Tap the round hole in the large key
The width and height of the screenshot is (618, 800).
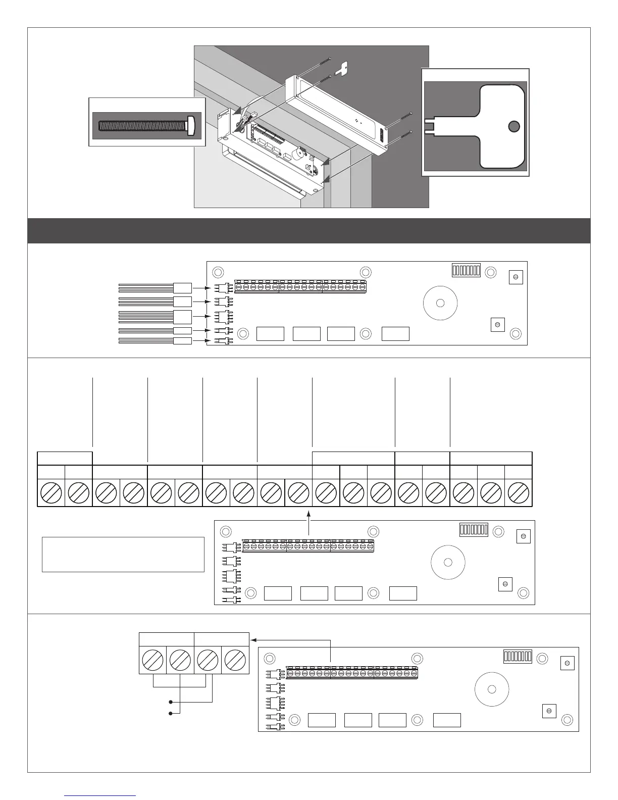click(x=513, y=126)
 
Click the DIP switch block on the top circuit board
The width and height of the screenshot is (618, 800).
click(x=466, y=270)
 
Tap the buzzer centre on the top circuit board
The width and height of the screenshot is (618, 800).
click(x=440, y=303)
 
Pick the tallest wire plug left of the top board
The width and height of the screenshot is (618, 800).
click(x=182, y=317)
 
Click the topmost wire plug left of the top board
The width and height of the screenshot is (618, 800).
click(x=182, y=288)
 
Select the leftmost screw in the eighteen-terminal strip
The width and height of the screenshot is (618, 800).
click(x=51, y=492)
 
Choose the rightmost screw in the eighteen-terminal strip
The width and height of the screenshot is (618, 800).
click(x=519, y=492)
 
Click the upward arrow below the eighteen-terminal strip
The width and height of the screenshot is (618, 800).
click(x=308, y=514)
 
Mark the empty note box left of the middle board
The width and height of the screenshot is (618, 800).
click(x=123, y=554)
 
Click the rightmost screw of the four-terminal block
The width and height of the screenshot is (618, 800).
click(x=235, y=660)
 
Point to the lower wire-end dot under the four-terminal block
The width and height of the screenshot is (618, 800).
click(x=171, y=713)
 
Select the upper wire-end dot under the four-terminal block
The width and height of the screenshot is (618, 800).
click(x=171, y=702)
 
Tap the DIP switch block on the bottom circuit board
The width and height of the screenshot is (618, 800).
click(x=518, y=657)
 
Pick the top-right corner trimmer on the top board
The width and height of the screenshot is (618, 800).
click(x=516, y=277)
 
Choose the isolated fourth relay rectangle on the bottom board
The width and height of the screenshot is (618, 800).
click(x=447, y=720)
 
